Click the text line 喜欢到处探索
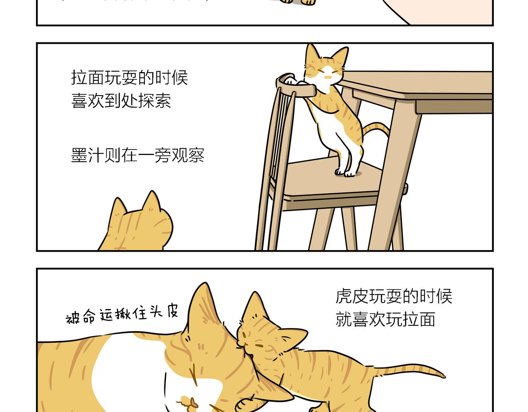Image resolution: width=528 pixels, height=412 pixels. click(121, 101)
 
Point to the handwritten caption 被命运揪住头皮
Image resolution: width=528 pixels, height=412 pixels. click(122, 315)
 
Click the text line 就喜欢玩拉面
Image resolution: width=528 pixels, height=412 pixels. click(385, 319)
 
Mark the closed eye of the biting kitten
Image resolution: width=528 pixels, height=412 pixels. click(259, 344)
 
